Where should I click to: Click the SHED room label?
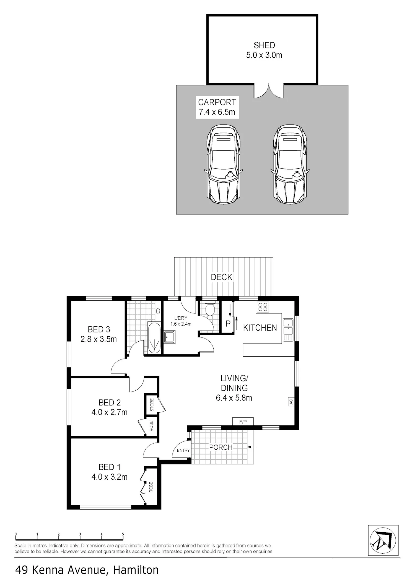[x=264, y=45]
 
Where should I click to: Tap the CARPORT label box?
[x=217, y=107]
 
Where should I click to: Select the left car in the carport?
[x=224, y=164]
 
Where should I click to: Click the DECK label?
[x=222, y=277]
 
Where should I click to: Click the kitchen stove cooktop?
[x=263, y=307]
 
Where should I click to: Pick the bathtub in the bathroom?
[x=154, y=338]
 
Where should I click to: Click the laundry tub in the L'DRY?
[x=169, y=337]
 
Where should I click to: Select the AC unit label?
[x=291, y=402]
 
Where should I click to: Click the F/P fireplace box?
[x=243, y=421]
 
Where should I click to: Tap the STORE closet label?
[x=152, y=405]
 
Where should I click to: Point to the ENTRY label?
[x=183, y=450]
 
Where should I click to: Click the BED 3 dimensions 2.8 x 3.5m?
[x=99, y=339]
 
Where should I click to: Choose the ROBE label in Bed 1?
[x=151, y=487]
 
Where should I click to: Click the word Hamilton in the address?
[x=136, y=570]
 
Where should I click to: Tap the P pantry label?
[x=228, y=324]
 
